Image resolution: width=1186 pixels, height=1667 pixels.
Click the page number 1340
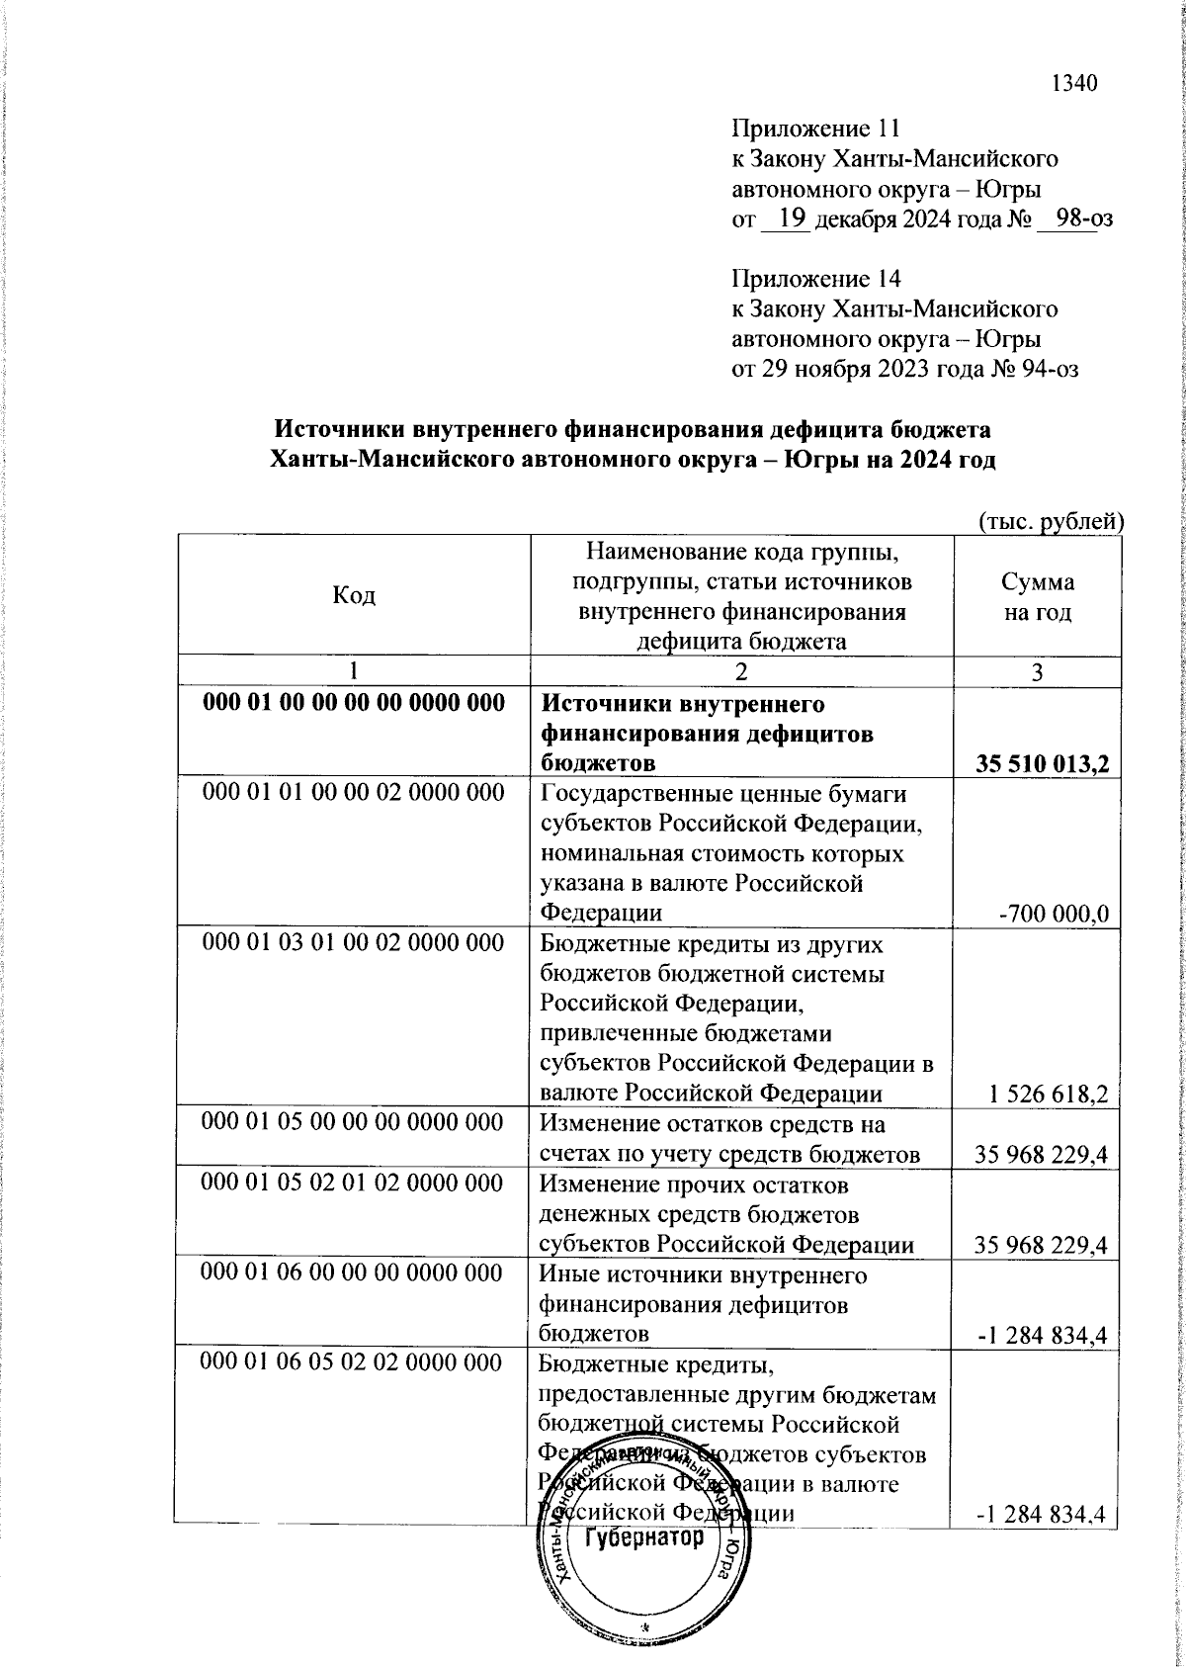click(x=1073, y=83)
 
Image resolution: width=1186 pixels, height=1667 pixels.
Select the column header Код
click(x=353, y=595)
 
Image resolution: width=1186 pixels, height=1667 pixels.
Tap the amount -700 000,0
click(x=1053, y=914)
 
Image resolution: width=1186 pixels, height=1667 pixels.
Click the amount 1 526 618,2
click(x=1047, y=1094)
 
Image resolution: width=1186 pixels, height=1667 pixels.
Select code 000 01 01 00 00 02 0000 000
click(x=354, y=793)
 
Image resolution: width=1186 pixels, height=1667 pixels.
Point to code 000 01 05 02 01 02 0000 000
click(x=352, y=1184)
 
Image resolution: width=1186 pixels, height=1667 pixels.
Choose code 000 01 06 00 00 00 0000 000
click(x=352, y=1272)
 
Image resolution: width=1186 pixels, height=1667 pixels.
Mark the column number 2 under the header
click(x=741, y=672)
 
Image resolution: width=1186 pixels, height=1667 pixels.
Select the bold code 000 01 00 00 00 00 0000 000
click(x=354, y=704)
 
